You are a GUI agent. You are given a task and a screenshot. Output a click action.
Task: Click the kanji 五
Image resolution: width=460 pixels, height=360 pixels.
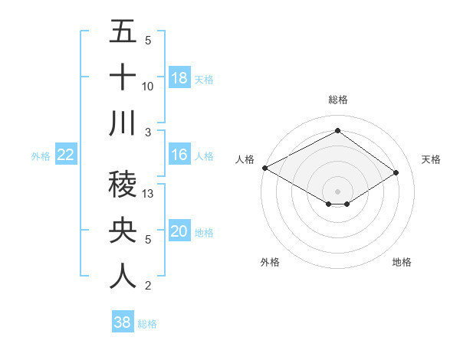click(x=123, y=32)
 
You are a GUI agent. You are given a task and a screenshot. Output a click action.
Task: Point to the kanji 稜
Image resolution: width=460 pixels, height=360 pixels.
click(x=123, y=185)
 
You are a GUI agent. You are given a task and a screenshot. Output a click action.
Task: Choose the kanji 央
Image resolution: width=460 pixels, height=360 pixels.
click(x=123, y=231)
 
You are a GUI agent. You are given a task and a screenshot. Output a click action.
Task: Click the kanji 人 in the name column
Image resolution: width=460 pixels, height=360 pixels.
click(x=123, y=277)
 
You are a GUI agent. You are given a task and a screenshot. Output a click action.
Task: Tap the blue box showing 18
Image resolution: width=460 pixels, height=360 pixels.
click(x=179, y=78)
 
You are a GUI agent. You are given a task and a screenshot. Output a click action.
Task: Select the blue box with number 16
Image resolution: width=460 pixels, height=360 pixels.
click(x=179, y=155)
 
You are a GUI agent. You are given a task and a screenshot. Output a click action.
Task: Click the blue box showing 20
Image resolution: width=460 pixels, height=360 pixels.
click(x=179, y=232)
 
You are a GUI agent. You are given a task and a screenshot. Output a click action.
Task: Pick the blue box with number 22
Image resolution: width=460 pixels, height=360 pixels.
click(x=65, y=155)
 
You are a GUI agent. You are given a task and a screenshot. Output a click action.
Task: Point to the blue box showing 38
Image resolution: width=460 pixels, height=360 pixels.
click(x=122, y=323)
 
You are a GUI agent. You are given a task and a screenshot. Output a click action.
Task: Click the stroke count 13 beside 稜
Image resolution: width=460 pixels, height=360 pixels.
click(x=149, y=194)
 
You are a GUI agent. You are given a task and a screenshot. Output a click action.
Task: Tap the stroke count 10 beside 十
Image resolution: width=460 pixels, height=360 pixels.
click(x=149, y=87)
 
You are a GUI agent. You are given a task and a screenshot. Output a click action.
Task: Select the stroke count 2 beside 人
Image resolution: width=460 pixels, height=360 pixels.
click(x=148, y=286)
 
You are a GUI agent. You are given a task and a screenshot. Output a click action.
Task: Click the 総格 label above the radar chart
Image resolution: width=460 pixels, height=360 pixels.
click(x=337, y=100)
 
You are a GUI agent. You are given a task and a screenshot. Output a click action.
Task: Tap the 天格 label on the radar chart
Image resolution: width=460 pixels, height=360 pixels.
click(x=432, y=159)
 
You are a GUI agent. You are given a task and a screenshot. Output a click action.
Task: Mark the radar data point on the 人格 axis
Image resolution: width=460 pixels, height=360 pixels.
click(x=264, y=167)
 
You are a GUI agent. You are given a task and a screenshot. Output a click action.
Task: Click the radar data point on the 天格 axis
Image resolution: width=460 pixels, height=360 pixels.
click(x=396, y=172)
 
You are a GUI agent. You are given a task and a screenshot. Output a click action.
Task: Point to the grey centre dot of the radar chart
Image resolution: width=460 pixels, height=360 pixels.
click(x=337, y=191)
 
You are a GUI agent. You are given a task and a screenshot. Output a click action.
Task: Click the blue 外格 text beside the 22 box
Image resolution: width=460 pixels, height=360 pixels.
click(x=41, y=156)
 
